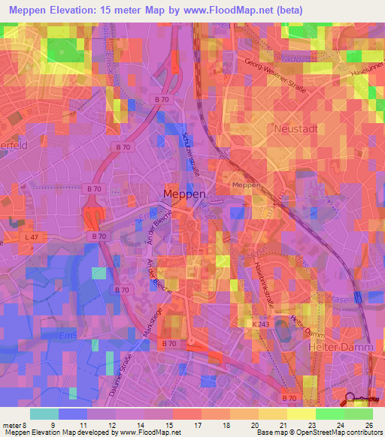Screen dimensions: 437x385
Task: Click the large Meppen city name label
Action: [184, 194]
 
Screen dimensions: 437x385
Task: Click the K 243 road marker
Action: [259, 324]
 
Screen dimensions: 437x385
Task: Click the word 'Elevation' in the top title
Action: [77, 10]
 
